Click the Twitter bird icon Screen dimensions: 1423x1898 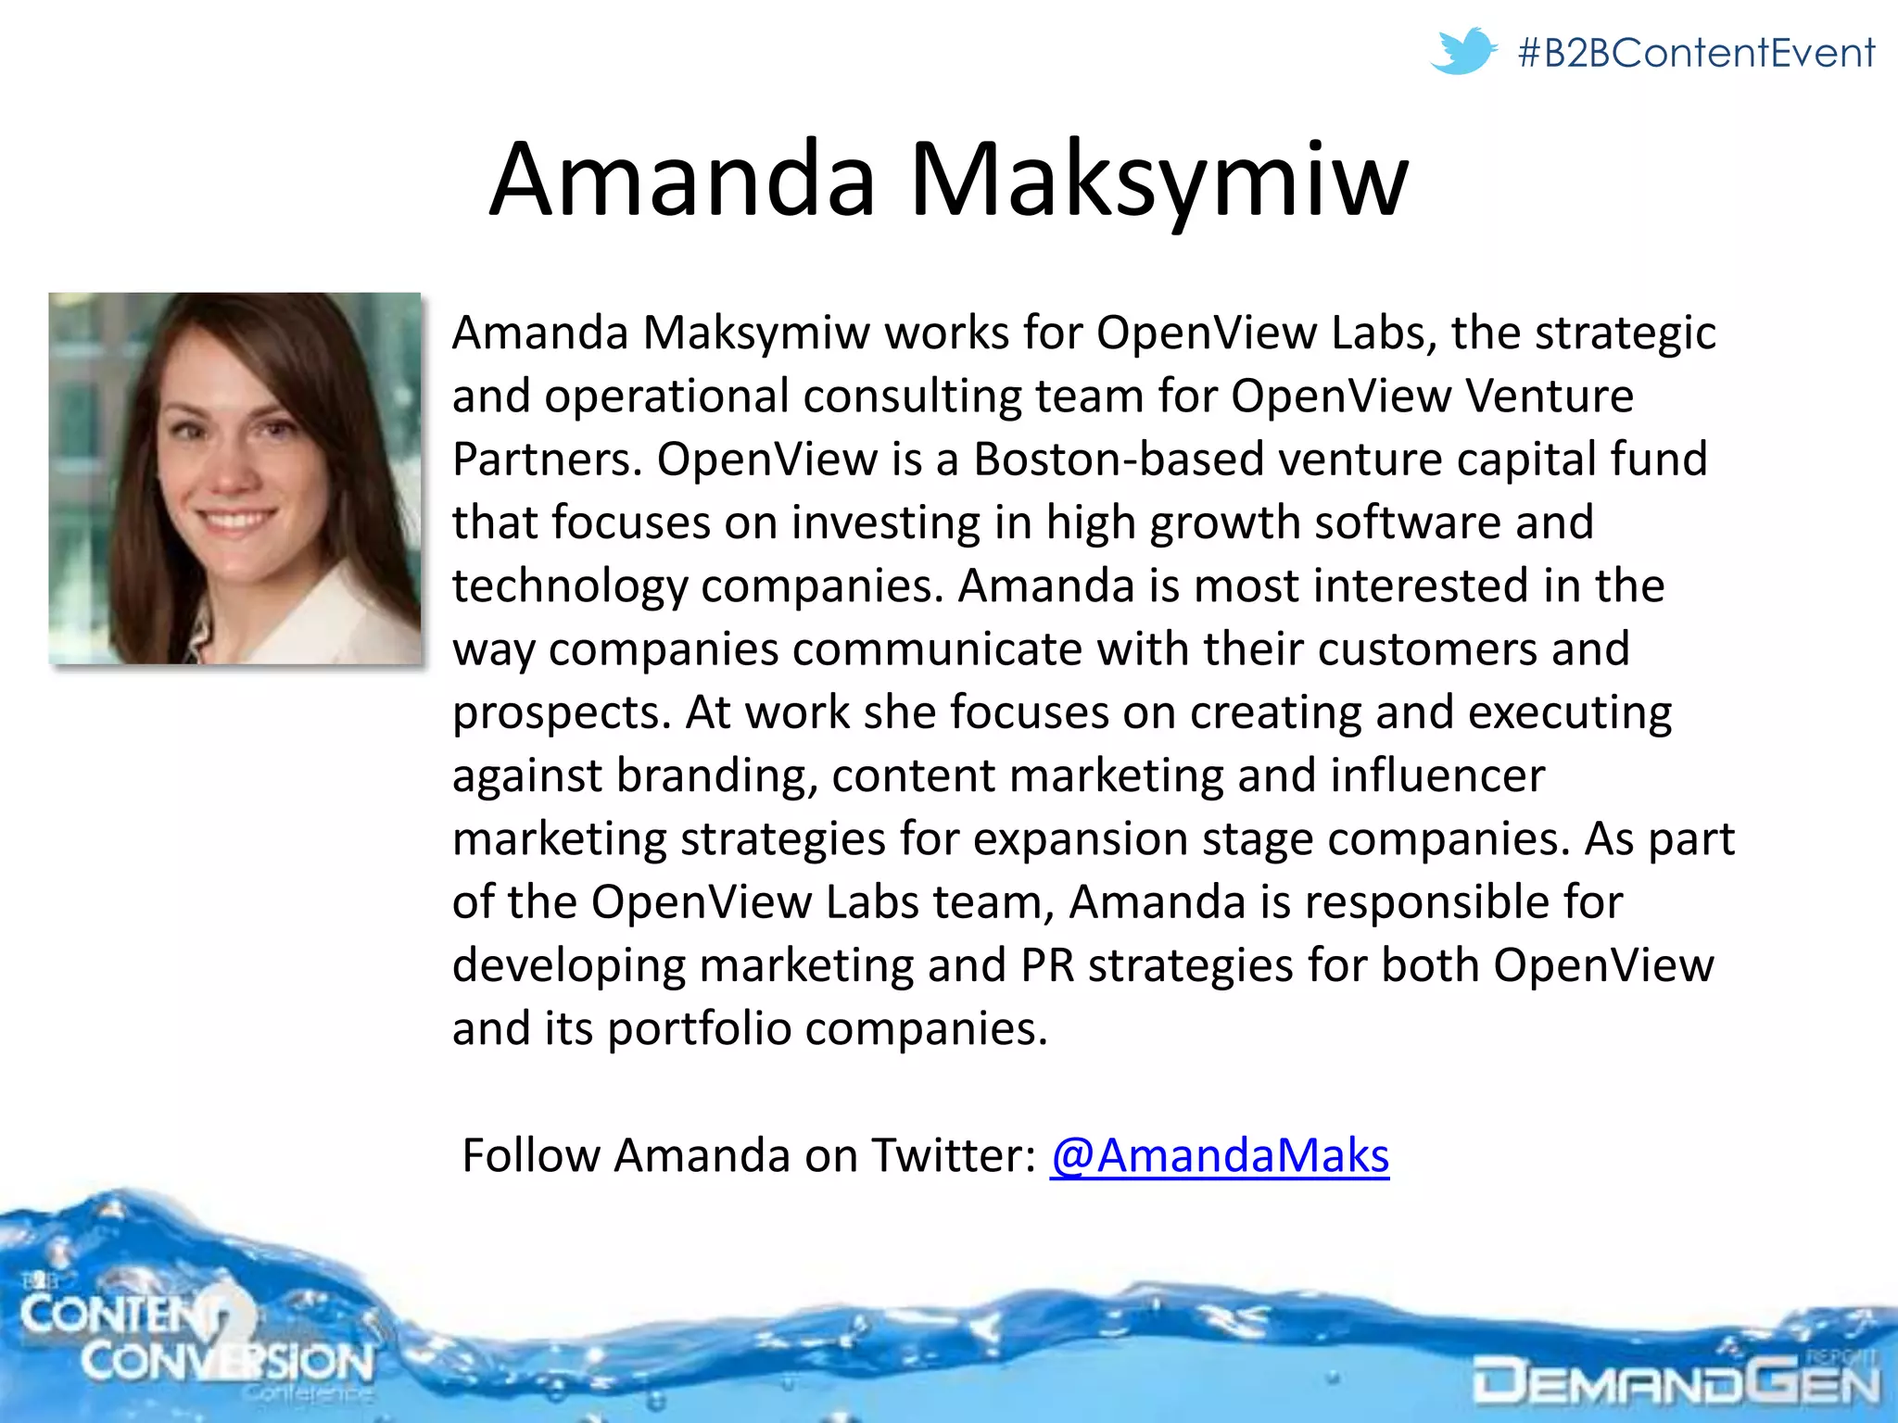coord(1462,51)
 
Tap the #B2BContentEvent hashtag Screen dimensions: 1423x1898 coord(1696,53)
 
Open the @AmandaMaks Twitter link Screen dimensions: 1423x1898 coord(1220,1155)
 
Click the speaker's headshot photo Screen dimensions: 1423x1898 coord(234,478)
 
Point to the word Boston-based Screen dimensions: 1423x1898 coord(1119,460)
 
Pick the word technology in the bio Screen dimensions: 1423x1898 coord(570,586)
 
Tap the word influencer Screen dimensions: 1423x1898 coord(1437,775)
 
